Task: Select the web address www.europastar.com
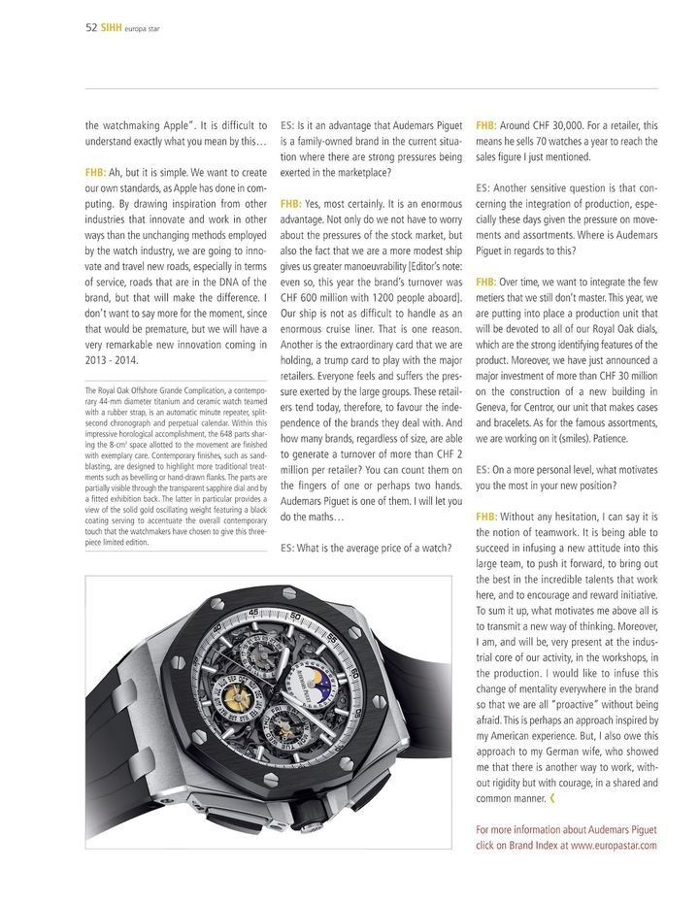click(615, 846)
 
